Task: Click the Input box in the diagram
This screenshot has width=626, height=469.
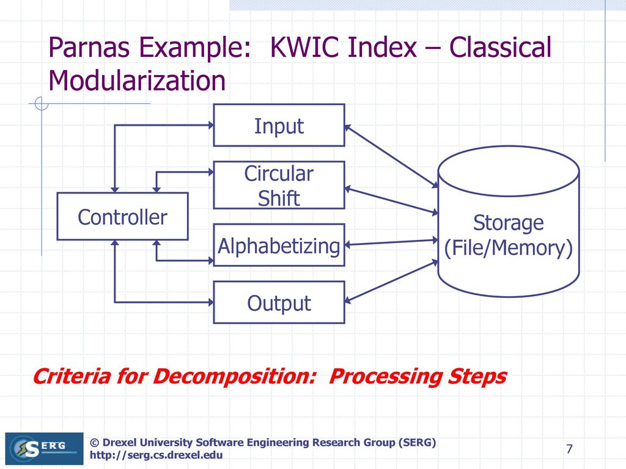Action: [279, 126]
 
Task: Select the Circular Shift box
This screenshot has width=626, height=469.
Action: [279, 185]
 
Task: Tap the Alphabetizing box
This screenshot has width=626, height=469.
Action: [279, 245]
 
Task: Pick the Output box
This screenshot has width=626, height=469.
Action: [279, 303]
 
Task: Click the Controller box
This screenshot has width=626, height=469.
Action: [122, 217]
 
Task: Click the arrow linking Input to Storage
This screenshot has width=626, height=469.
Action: [391, 155]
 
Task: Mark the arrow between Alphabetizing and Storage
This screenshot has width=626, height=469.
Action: [391, 242]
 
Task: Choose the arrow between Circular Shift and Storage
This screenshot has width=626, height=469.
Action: [391, 200]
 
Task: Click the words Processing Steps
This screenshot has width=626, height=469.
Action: [418, 377]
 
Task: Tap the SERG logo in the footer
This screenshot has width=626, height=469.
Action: [44, 449]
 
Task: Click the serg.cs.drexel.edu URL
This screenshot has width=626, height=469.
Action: [156, 456]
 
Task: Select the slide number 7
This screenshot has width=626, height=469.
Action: [569, 450]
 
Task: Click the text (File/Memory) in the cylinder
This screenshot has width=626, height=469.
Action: [509, 248]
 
